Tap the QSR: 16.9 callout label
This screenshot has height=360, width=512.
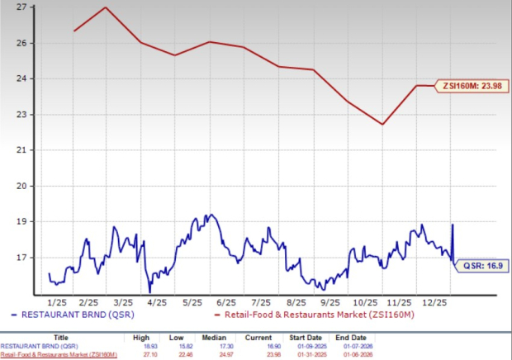click(x=477, y=266)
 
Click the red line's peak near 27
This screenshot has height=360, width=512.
click(x=105, y=7)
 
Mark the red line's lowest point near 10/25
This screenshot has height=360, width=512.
click(x=382, y=125)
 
